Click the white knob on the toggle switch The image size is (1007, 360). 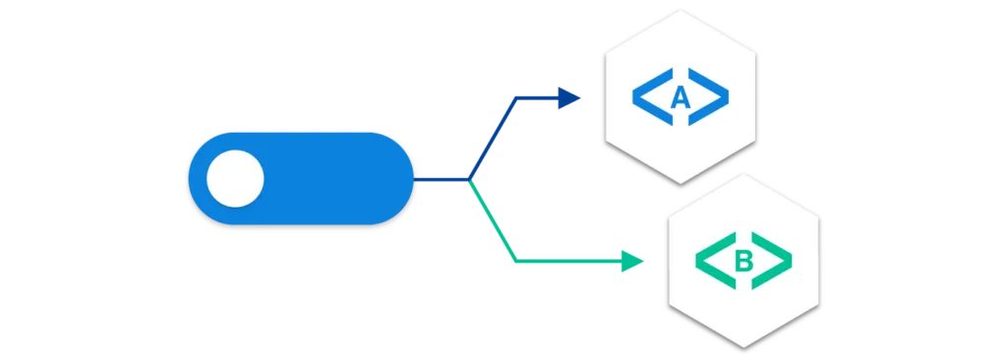(235, 179)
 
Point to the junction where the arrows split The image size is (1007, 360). (469, 180)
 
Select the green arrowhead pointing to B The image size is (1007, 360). (630, 262)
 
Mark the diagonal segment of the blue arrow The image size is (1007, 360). (489, 139)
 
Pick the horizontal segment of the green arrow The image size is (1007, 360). (565, 262)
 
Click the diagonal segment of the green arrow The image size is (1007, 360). (492, 222)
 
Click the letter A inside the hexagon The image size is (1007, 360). (680, 96)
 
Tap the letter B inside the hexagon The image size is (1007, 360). (743, 261)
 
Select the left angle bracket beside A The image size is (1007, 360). (645, 96)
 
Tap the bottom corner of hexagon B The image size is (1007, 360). (743, 346)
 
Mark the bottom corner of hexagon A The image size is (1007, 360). (681, 182)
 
